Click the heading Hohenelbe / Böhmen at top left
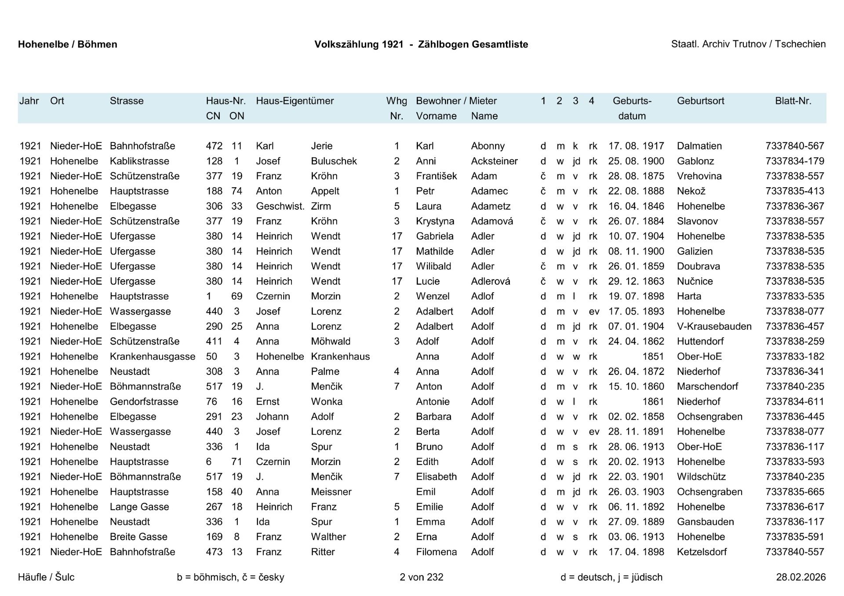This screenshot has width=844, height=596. coord(67,44)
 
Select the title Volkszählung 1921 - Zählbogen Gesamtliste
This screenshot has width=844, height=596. coord(421,44)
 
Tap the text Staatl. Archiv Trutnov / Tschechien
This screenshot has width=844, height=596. coord(748,44)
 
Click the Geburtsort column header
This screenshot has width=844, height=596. coord(700,101)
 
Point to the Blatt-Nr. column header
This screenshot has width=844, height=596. coord(793,101)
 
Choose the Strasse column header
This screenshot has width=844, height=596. coord(127,101)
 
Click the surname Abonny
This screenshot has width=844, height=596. coord(487,146)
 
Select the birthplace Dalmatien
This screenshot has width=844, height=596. coord(699,146)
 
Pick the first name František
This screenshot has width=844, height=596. coord(436,176)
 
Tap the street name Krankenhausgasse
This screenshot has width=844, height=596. coord(152,356)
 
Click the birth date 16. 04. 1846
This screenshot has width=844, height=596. coord(636,206)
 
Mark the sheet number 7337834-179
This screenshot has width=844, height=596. coord(794,161)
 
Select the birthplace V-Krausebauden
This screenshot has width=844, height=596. coord(714,327)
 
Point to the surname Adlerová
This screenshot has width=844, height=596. coord(490,281)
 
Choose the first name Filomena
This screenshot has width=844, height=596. coord(436,552)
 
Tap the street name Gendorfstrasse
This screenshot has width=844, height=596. coord(144,402)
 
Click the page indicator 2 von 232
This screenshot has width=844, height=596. coord(421,577)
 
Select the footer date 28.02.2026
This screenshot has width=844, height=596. coord(800,577)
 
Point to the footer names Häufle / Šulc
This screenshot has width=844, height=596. coord(46,577)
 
